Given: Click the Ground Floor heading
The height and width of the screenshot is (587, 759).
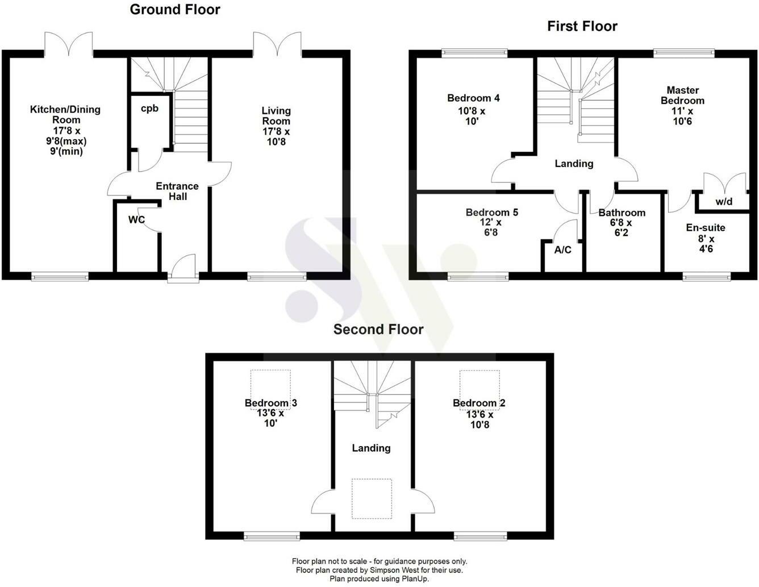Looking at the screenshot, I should point(175,10).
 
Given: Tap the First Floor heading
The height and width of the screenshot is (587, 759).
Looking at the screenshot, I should point(582,26).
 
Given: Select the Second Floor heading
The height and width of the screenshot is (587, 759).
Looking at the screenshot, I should point(378,330).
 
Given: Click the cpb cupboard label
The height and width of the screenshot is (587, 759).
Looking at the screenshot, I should point(149,109).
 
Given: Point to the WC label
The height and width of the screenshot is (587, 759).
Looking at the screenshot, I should point(136,220).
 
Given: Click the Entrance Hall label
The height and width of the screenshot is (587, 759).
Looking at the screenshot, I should point(177,191).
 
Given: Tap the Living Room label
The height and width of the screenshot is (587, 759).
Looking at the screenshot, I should point(276,115).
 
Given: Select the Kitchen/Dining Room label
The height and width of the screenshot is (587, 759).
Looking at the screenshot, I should point(65,114).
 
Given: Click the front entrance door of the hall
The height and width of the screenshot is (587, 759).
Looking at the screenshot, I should point(183,268).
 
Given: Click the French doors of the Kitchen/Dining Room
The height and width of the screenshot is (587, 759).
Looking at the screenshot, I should point(69,44).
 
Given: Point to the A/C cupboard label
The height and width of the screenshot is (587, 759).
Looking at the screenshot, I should point(562,249).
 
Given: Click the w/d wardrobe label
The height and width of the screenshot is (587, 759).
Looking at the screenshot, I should point(724,202).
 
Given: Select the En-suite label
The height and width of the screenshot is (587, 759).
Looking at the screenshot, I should point(706,228).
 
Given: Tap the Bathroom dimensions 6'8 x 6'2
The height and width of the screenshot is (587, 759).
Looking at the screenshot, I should point(622,227).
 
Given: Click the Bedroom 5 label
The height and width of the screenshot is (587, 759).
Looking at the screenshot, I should point(491,213).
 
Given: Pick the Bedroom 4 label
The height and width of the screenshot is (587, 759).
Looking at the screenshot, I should point(473,98).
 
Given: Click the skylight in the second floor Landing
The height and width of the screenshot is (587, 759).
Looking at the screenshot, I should point(372,499).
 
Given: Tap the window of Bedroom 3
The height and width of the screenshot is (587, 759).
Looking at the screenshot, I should point(272,535).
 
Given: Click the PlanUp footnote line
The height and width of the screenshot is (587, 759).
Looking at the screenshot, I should point(380,578).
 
